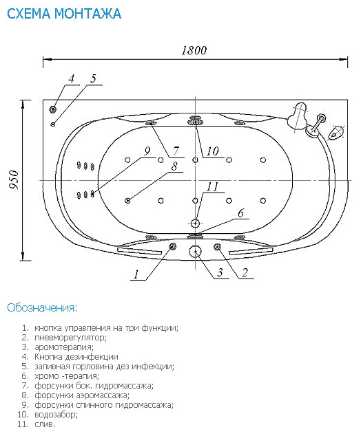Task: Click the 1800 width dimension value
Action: coord(194,50)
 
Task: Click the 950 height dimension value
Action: coord(14,180)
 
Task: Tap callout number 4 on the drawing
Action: coord(72,78)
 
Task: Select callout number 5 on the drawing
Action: coord(93,78)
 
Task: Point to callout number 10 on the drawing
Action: coord(212,151)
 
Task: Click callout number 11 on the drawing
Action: coord(212,186)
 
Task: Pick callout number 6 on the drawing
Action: coord(241,213)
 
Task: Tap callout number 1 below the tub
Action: coord(136,274)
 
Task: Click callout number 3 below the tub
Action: coord(220,272)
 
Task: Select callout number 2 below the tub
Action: coord(245,272)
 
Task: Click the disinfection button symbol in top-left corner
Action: coord(52,109)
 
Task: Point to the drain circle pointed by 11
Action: coord(196,223)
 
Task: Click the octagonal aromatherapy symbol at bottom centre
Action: coord(196,252)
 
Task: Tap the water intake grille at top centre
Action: coord(195,121)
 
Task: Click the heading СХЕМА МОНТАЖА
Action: coord(64,13)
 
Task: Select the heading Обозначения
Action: coord(42,307)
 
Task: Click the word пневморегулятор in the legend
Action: coord(70,338)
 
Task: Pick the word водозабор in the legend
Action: coord(56,415)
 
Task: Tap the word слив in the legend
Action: coord(45,424)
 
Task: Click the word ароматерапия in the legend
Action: coord(64,347)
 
